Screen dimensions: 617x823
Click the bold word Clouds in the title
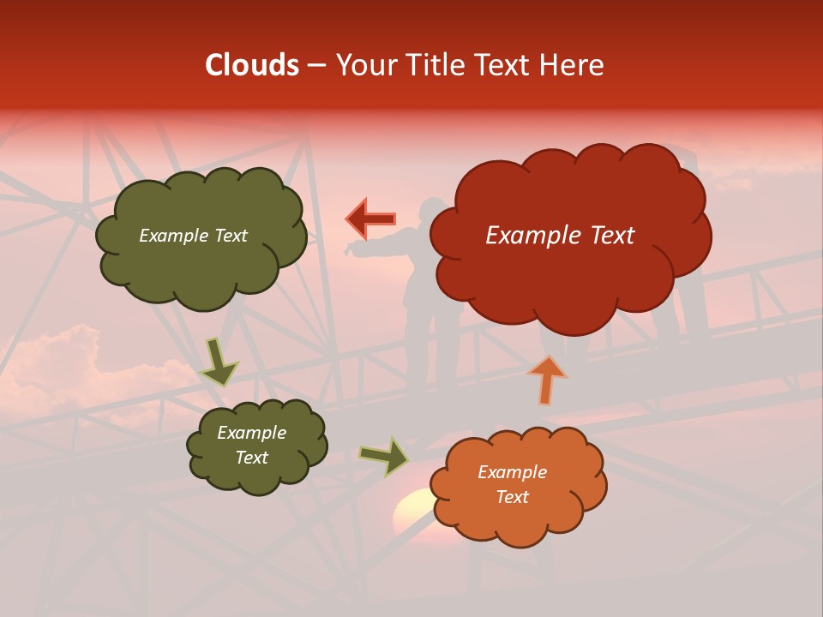252,65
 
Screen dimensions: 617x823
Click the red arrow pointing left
370,219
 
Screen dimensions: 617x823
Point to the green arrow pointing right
384,457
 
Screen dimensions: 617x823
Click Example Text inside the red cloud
560,236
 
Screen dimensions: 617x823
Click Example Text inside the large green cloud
193,236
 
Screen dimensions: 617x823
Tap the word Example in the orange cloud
512,472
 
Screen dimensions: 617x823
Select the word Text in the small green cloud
251,458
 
